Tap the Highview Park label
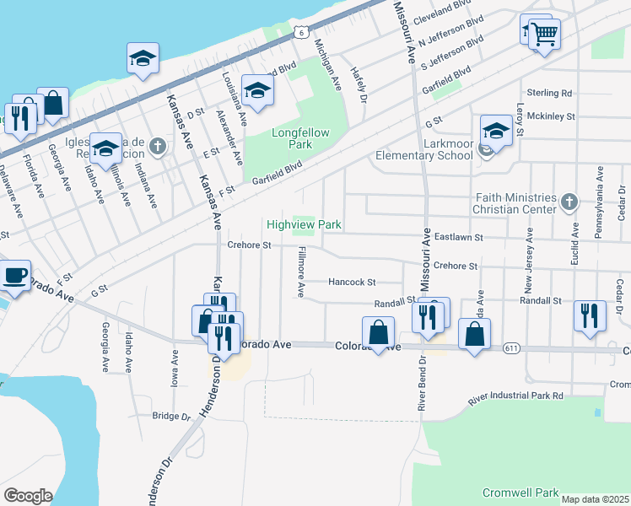[x=304, y=224]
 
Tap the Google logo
[x=28, y=496]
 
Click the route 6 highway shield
[x=300, y=31]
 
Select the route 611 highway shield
[x=512, y=347]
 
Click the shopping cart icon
[x=545, y=34]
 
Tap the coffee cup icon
[x=14, y=275]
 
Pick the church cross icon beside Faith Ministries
[x=569, y=202]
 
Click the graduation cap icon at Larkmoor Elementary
[x=496, y=131]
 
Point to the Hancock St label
[x=352, y=283]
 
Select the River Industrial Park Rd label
[x=515, y=395]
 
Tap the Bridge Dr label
[x=172, y=416]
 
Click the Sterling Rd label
[x=548, y=93]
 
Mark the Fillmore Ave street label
[x=300, y=272]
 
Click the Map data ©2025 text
[x=595, y=499]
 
